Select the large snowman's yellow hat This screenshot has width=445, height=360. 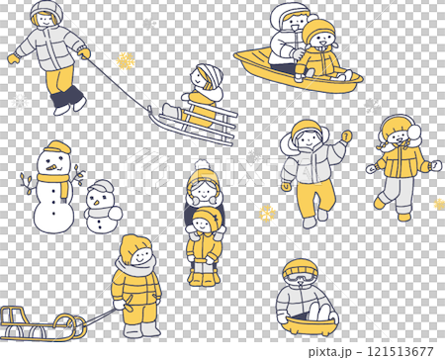[57, 149]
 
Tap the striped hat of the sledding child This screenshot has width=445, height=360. [209, 74]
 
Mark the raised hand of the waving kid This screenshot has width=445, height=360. [346, 136]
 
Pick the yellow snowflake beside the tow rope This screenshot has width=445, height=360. [126, 61]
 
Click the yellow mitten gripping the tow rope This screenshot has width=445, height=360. [85, 53]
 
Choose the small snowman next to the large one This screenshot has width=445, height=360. [101, 208]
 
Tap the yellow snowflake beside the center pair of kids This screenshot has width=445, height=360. [266, 213]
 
